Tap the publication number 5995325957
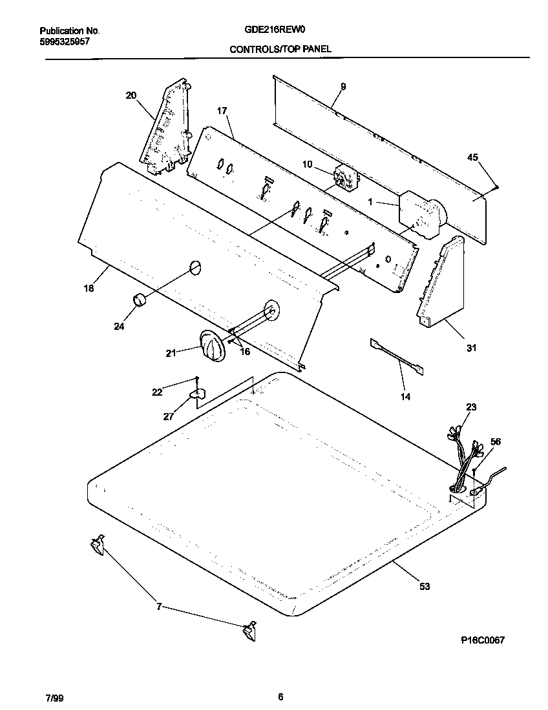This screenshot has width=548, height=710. (65, 41)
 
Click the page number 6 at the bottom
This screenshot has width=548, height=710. (280, 696)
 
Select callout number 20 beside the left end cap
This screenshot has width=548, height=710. (131, 96)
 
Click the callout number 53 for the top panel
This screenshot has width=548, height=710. (424, 586)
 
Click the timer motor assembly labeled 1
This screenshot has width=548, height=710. (421, 214)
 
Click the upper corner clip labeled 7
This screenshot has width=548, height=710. (97, 545)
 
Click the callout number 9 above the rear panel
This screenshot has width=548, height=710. (342, 86)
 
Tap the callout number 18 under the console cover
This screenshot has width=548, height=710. (89, 289)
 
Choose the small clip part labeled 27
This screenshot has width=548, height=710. (198, 393)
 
